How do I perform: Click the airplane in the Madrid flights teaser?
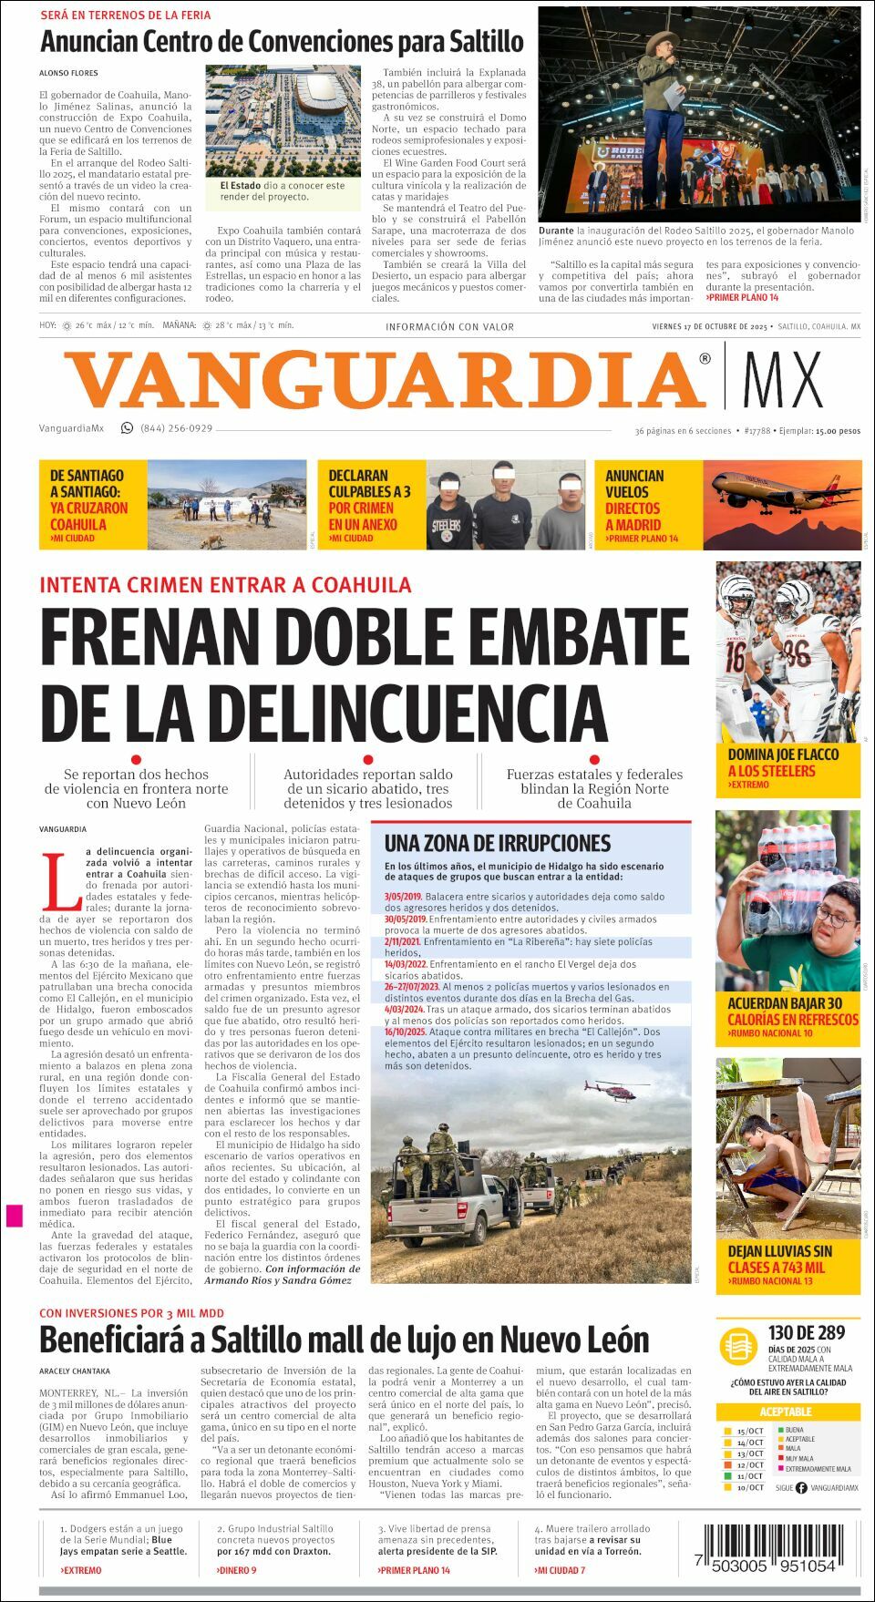point(779,493)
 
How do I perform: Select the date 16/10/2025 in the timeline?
point(406,1032)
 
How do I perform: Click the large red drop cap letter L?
point(62,881)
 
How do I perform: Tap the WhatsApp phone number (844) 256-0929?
point(176,428)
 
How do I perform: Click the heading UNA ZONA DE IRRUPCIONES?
point(498,843)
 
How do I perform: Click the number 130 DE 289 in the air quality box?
point(806,1332)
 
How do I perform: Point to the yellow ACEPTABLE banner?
point(786,1412)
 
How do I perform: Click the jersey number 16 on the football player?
point(735,657)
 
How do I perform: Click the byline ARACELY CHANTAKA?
point(75,1371)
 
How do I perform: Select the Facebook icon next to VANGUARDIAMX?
point(801,1488)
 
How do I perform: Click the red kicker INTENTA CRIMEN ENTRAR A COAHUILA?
point(225,585)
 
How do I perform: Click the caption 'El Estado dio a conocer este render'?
point(283,190)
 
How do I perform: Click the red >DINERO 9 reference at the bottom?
point(236,1570)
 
